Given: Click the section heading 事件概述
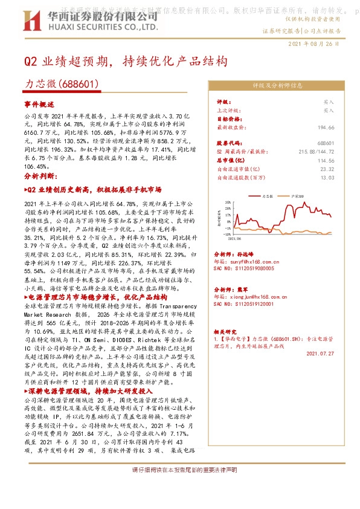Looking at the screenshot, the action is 39,104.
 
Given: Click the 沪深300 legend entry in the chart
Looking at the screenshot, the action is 297,196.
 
